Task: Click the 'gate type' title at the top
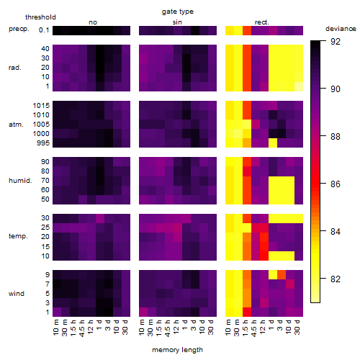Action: (178, 12)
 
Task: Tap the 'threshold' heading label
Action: (40, 17)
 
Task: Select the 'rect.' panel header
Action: (261, 22)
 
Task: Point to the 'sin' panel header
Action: (177, 22)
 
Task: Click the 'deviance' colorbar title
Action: (341, 29)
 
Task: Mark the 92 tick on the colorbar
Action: (336, 42)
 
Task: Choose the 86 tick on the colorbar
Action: (336, 184)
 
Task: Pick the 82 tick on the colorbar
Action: (336, 279)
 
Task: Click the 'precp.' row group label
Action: (19, 29)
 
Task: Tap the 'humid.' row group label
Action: (20, 181)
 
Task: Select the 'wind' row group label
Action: (17, 294)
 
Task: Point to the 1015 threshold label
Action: (41, 106)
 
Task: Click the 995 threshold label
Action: (43, 143)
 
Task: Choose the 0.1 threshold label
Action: (44, 30)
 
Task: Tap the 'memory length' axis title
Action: (177, 350)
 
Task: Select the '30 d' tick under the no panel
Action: (126, 328)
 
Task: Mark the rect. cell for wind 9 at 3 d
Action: (282, 275)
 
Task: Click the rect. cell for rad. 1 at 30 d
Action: (299, 86)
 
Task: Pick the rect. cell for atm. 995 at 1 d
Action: (273, 143)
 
